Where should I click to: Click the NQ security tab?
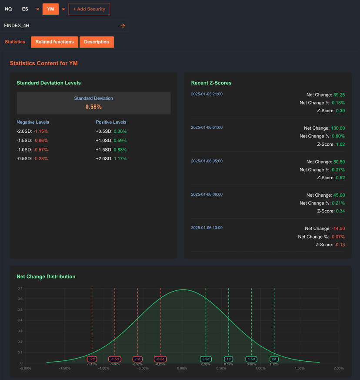tap(8, 9)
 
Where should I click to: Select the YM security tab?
tap(50, 9)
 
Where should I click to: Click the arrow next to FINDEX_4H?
tap(123, 26)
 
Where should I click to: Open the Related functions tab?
tap(54, 42)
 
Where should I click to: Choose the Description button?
tap(97, 42)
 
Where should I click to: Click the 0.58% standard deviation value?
tap(93, 107)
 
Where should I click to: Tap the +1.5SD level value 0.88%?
tap(120, 150)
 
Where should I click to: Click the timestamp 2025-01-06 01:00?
tap(207, 128)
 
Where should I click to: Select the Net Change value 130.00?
tap(337, 128)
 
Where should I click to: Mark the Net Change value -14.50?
tap(338, 229)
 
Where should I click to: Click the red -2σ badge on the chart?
tap(92, 359)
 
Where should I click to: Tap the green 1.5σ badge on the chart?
tap(251, 359)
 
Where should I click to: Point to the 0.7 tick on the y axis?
tap(20, 288)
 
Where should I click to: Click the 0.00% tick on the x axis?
tap(182, 368)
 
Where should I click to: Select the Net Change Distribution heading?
tap(46, 276)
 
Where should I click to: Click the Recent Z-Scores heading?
tap(211, 83)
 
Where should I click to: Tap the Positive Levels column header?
tap(111, 122)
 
